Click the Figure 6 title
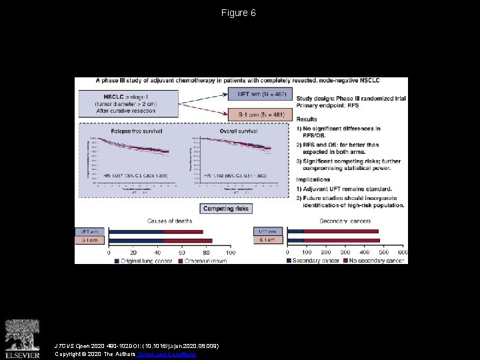pyautogui.click(x=239, y=13)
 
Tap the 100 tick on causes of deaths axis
pyautogui.click(x=231, y=253)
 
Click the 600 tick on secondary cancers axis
pyautogui.click(x=402, y=253)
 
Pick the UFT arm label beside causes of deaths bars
pyautogui.click(x=90, y=231)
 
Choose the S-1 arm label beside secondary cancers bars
pyautogui.click(x=267, y=239)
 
